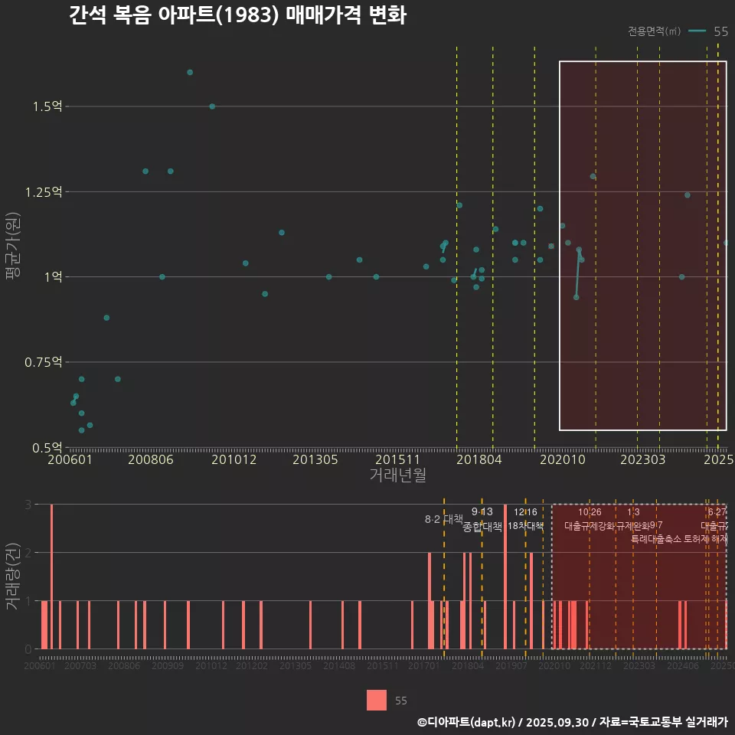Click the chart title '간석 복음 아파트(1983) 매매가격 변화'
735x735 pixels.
coord(237,15)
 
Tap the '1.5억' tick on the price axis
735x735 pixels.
coord(47,106)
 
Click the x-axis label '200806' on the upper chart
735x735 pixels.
coord(151,460)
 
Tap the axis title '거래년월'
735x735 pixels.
coord(397,475)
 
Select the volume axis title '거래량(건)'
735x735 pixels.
coord(12,577)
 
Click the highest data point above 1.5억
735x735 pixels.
coord(190,73)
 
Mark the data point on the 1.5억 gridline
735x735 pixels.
coord(212,106)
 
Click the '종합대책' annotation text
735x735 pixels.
coord(482,527)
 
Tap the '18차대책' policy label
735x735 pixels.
coord(526,526)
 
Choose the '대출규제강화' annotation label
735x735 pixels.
coord(590,526)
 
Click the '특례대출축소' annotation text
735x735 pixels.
coord(656,539)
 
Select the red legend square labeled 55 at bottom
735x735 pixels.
coord(377,700)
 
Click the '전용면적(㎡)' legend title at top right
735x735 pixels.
coord(654,31)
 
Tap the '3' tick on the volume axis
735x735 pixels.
coord(28,505)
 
